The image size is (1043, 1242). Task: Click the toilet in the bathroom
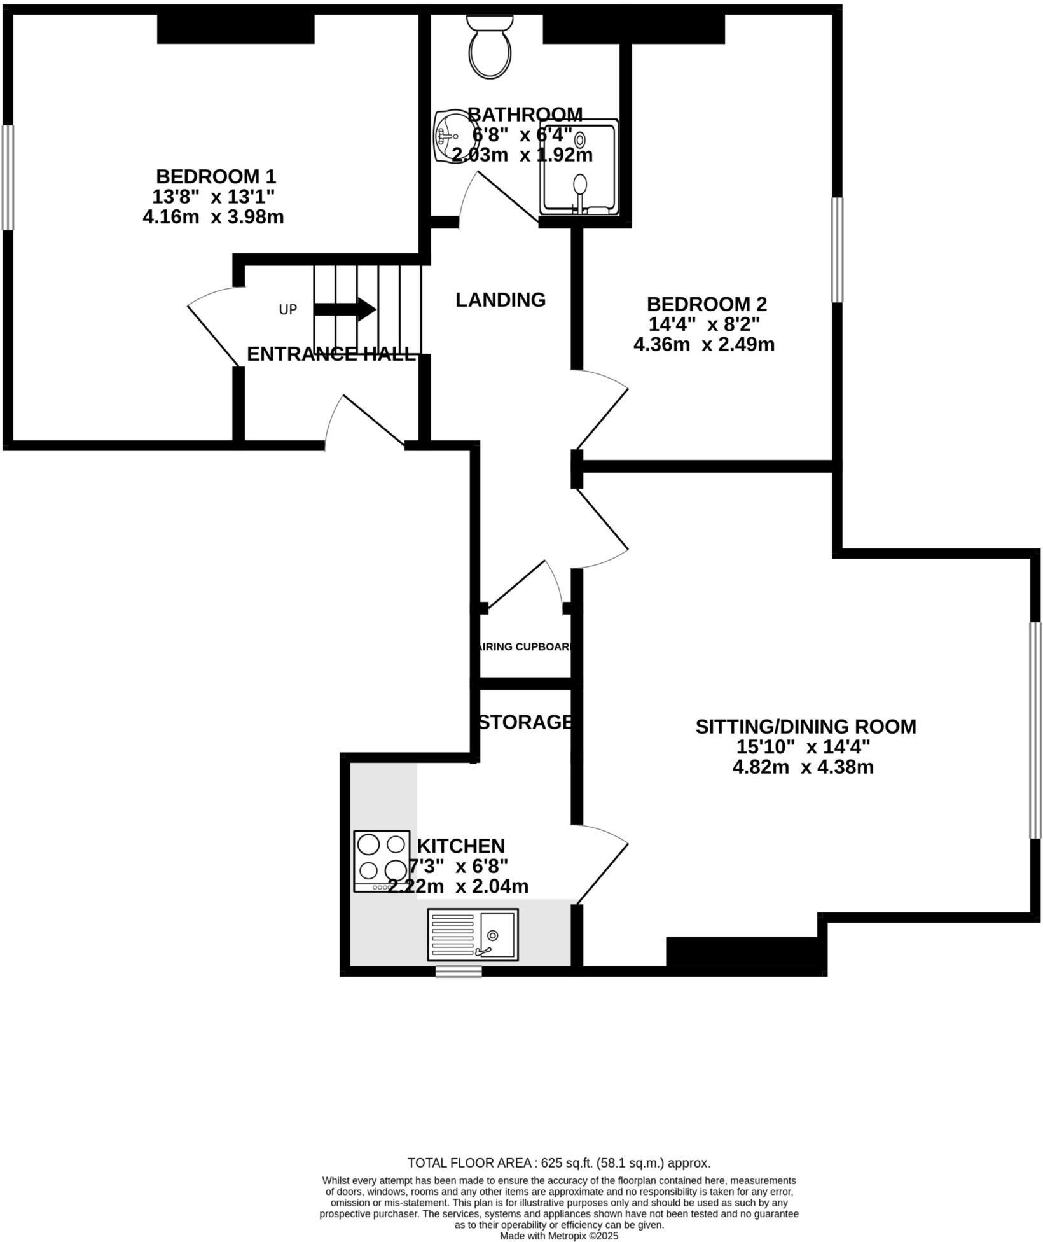pos(490,48)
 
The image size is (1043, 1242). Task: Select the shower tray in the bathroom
pos(579,167)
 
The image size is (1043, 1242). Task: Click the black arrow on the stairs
pos(345,309)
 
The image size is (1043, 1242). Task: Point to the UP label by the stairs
pos(288,310)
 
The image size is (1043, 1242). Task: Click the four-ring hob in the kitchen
pos(382,862)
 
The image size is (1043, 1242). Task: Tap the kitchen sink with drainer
pos(473,934)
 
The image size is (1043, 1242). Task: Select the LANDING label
pos(501,300)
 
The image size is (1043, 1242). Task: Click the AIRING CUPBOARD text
pos(526,647)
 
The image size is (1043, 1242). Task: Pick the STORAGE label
pos(525,722)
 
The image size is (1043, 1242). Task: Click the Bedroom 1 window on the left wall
pos(7,177)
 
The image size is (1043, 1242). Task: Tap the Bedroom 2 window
pos(838,249)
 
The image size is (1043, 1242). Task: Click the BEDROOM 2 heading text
pos(707,304)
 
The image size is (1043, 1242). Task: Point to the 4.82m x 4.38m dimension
pos(803,767)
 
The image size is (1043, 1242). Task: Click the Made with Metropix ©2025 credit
pos(558,1236)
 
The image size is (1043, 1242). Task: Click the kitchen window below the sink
pos(459,972)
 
